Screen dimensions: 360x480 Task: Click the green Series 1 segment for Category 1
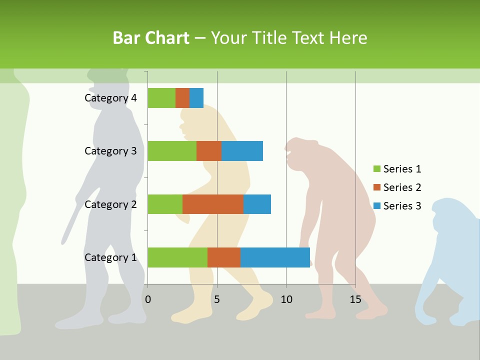click(x=177, y=257)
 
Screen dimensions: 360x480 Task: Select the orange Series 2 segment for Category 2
click(x=213, y=204)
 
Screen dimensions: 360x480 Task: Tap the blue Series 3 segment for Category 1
click(x=275, y=257)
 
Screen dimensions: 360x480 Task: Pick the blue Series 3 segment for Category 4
click(x=196, y=98)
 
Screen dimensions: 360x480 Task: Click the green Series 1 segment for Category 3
click(x=172, y=151)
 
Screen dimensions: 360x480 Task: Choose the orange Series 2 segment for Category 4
click(x=182, y=98)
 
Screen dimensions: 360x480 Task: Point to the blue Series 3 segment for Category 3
click(x=242, y=151)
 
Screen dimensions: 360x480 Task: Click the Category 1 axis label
click(x=110, y=257)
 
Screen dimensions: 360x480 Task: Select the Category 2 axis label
click(x=110, y=204)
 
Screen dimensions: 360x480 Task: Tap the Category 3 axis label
click(x=110, y=151)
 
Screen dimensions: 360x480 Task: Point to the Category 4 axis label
click(x=110, y=98)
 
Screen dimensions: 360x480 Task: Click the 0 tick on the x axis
click(x=148, y=299)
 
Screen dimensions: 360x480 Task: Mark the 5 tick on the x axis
click(x=217, y=299)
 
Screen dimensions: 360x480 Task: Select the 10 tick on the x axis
click(x=286, y=299)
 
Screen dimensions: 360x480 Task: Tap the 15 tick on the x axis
click(x=355, y=299)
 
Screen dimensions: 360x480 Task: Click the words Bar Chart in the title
click(x=151, y=38)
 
